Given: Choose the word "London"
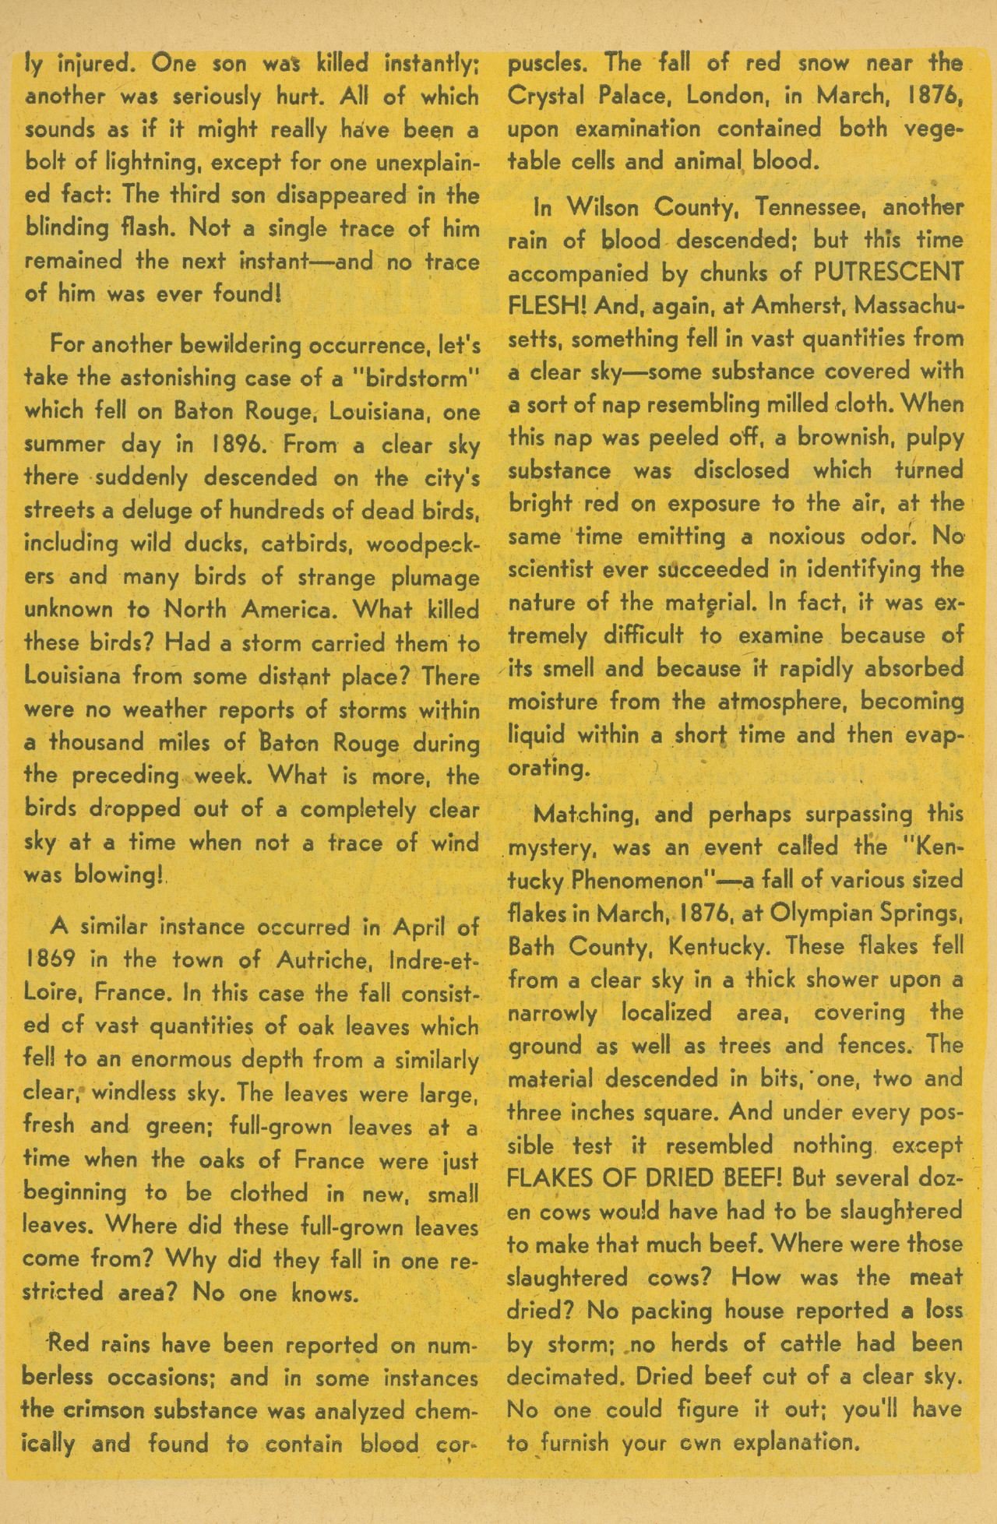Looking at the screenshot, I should tap(715, 96).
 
